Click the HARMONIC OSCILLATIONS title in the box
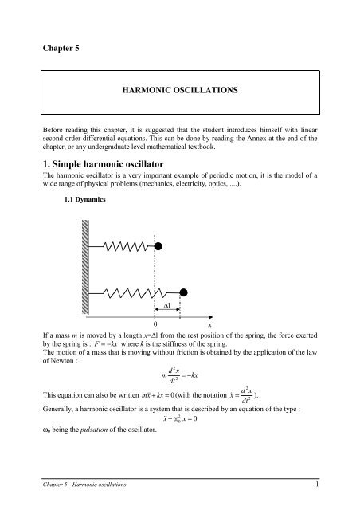[x=180, y=92]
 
